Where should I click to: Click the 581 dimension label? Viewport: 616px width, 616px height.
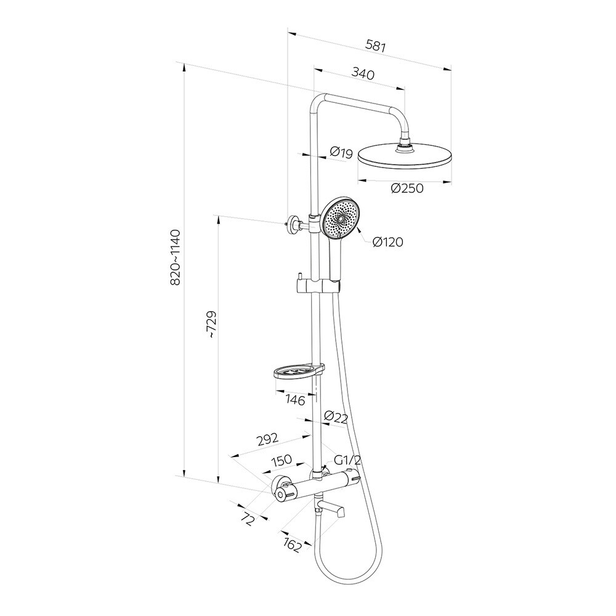376,44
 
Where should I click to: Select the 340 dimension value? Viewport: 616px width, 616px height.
363,75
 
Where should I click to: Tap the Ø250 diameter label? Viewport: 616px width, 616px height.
407,188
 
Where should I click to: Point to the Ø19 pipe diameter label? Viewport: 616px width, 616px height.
341,152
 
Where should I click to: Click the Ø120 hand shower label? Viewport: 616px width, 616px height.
387,242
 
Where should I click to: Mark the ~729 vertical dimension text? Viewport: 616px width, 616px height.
211,325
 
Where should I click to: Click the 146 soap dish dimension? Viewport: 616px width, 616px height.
296,400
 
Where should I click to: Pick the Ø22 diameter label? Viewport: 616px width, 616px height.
336,418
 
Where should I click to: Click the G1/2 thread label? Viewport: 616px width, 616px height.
347,460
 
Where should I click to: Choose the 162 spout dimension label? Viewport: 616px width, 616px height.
293,545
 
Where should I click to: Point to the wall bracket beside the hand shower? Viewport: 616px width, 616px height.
293,224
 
